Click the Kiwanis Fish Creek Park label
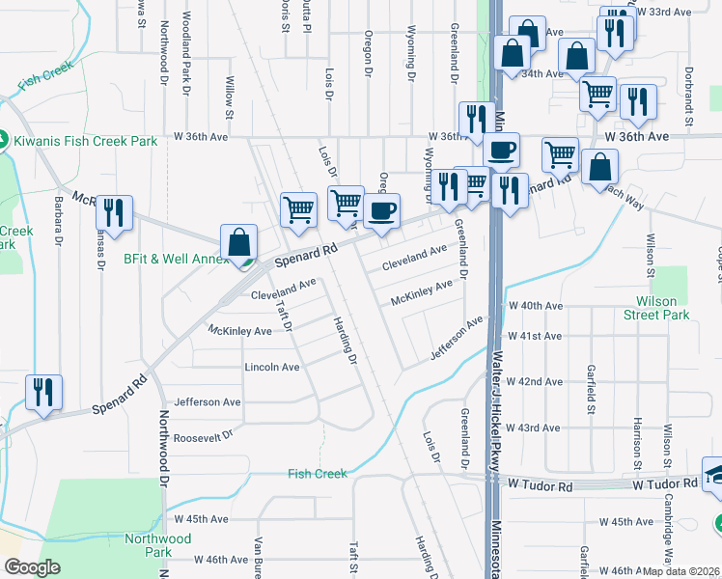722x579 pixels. pos(85,141)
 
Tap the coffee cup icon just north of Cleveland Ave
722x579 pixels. pos(382,211)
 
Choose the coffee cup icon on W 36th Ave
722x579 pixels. pos(501,151)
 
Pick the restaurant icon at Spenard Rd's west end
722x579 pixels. pos(43,393)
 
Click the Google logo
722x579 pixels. pos(32,567)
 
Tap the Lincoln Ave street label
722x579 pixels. pos(271,367)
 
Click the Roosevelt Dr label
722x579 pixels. pos(203,435)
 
